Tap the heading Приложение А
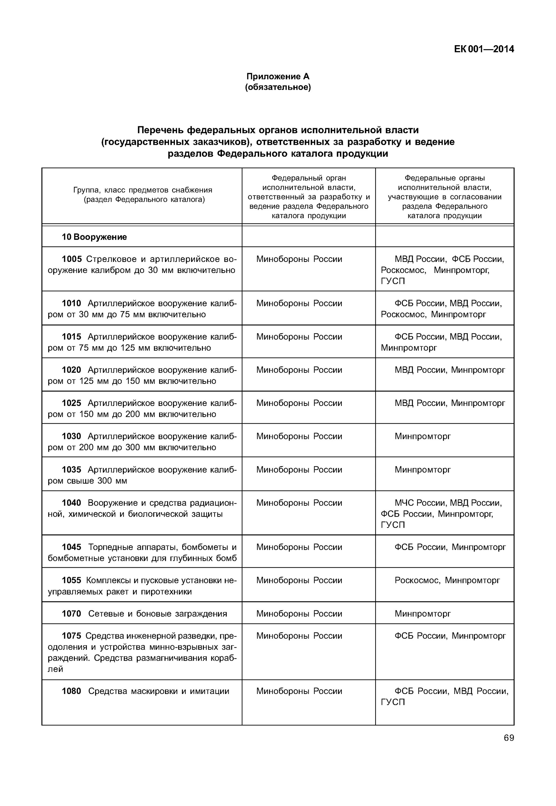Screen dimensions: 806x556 [x=278, y=76]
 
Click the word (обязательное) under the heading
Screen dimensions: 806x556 [x=278, y=87]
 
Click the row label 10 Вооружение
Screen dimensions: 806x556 [x=94, y=237]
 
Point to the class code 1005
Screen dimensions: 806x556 [x=72, y=259]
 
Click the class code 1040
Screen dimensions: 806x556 [x=71, y=503]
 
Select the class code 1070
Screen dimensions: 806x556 [x=71, y=614]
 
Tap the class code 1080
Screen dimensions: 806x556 [x=71, y=691]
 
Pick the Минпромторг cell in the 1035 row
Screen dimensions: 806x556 [x=422, y=470]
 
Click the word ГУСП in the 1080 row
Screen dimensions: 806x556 [x=393, y=702]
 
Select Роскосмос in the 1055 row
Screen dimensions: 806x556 [x=417, y=580]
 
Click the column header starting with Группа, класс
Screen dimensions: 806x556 [x=142, y=195]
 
